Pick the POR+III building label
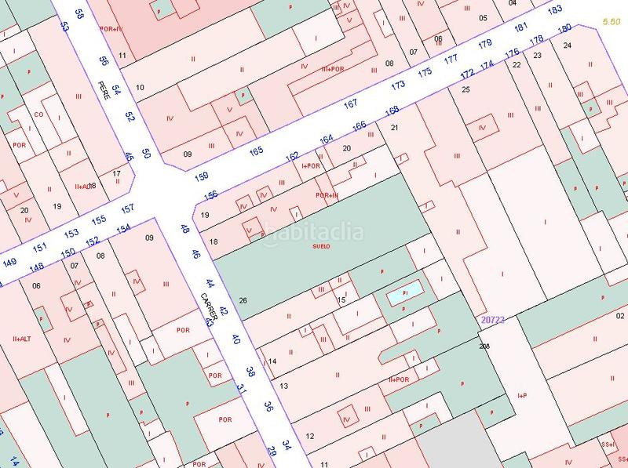coord(326,195)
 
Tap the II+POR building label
coord(400,379)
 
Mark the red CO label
coord(38,114)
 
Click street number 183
coord(555,10)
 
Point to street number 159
coord(201,176)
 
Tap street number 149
coord(9,262)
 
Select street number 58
coord(78,13)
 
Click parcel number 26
coord(243,301)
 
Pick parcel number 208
coord(484,346)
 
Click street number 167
coord(350,103)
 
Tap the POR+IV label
coord(111,28)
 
